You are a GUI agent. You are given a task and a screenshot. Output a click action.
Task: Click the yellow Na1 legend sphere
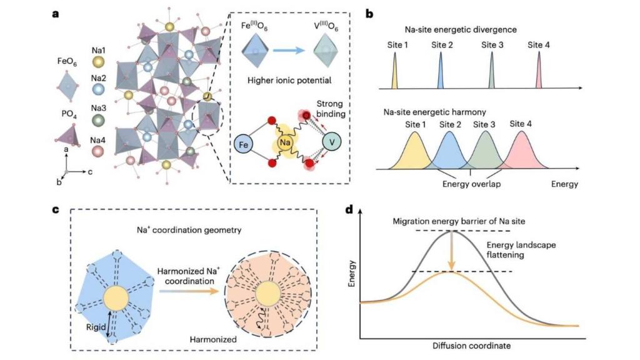[x=98, y=62]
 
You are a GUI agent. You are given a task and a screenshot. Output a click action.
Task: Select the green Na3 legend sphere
[x=98, y=121]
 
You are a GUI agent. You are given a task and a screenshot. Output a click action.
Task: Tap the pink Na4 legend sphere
[x=97, y=151]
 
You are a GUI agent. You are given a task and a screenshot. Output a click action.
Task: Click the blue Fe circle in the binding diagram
[x=243, y=144]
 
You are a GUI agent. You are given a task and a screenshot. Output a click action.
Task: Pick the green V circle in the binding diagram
[x=332, y=142]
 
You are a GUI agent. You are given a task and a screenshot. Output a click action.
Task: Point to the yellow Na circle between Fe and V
[x=285, y=142]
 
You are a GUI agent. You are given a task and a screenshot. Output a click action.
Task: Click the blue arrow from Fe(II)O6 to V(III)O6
[x=289, y=50]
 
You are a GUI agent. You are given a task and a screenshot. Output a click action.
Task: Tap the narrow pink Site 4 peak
[x=539, y=70]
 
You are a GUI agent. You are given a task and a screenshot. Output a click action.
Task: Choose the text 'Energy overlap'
[x=471, y=184]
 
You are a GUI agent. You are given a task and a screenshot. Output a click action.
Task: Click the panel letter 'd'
[x=349, y=210]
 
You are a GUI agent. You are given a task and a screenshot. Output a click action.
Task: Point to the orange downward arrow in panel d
[x=451, y=251]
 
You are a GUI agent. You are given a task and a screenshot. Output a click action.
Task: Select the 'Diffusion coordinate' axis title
[x=471, y=346]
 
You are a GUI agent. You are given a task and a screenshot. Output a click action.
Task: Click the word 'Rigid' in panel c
[x=96, y=327]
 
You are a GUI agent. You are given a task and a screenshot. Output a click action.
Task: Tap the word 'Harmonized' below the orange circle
[x=213, y=339]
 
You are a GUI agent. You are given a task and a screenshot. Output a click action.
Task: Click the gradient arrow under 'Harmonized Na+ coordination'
[x=189, y=291]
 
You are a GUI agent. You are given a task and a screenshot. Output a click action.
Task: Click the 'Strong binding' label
[x=329, y=109]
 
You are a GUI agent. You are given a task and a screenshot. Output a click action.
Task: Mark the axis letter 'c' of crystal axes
[x=90, y=172]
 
